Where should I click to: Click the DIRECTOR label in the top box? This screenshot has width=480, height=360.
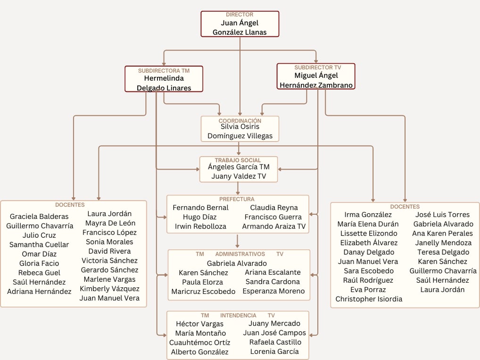[240, 15]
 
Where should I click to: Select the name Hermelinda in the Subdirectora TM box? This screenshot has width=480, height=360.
[164, 78]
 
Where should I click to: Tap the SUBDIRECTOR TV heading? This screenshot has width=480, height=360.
[317, 67]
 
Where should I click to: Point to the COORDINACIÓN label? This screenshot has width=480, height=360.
[240, 121]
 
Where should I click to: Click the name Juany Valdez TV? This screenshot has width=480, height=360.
[239, 176]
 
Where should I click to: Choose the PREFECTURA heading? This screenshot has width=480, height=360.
[237, 199]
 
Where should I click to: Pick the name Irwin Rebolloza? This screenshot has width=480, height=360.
[200, 226]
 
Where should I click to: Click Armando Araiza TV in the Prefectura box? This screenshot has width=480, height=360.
[273, 226]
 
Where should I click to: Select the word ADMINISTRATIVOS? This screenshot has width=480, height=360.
[240, 254]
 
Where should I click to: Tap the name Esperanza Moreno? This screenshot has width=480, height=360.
[273, 291]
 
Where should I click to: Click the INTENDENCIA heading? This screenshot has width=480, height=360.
[238, 315]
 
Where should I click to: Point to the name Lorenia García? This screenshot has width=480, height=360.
[274, 352]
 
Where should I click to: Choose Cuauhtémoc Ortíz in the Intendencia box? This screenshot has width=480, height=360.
[199, 343]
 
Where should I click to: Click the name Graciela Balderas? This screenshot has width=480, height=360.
[39, 217]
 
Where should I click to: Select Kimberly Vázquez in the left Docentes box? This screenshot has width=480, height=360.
[109, 289]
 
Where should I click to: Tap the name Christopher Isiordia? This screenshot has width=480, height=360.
[369, 299]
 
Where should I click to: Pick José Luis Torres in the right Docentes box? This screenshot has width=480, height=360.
[442, 215]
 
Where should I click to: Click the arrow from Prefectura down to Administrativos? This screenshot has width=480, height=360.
[237, 241]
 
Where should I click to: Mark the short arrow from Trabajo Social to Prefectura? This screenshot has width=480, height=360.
[238, 188]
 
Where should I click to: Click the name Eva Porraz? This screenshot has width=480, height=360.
[368, 290]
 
